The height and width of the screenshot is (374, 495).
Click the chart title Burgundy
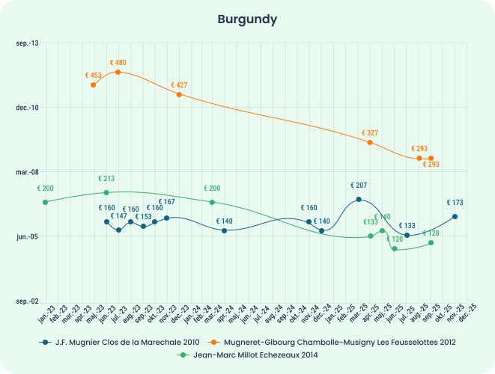coord(247,18)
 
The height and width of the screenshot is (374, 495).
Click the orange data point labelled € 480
coord(118,72)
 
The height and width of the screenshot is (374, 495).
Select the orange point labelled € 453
coord(93,85)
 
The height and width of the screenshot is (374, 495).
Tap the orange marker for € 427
coord(179,94)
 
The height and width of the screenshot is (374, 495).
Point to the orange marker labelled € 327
coord(370,142)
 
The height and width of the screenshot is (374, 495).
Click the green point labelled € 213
coord(106,192)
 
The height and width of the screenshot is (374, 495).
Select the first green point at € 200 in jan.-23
coord(45,202)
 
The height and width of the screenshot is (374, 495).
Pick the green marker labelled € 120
coord(395,248)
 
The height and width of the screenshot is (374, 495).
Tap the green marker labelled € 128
coord(431,242)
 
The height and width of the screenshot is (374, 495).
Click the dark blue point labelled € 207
coord(359,199)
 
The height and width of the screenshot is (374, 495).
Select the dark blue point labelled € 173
coord(455,216)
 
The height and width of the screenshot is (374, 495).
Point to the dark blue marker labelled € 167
coord(166,218)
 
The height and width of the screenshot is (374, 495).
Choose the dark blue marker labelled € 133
coord(407,235)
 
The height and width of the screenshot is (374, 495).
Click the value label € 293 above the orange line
coord(419,148)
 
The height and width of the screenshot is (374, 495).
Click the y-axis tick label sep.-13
coord(28,43)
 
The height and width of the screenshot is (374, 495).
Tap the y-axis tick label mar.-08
coord(27,172)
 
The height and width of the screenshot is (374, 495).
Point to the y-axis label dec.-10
coord(27,108)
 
